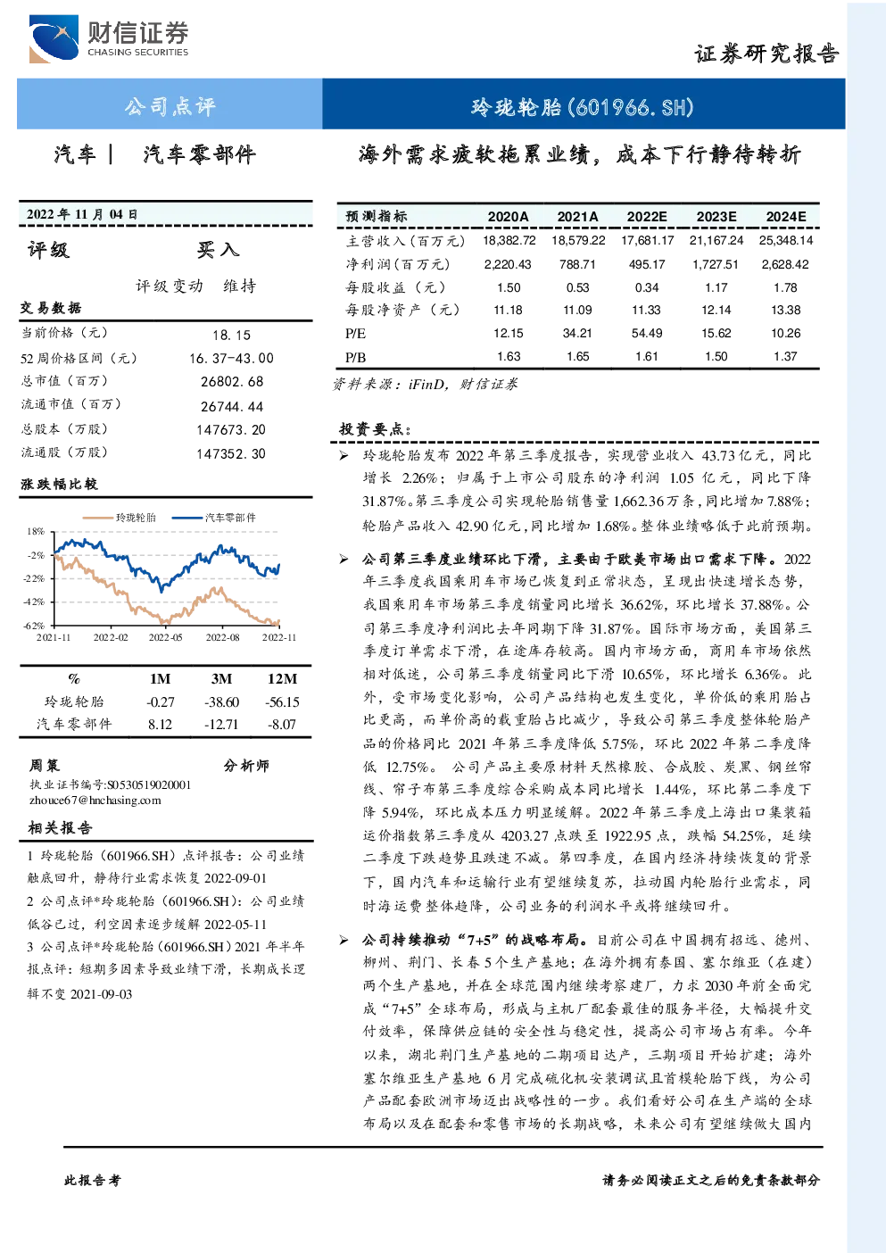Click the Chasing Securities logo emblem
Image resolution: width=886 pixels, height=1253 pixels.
tap(54, 38)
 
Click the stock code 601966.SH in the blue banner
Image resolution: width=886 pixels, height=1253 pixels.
tap(631, 107)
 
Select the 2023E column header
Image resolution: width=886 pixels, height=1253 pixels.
tap(716, 217)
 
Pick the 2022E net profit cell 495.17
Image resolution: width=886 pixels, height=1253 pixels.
tap(647, 264)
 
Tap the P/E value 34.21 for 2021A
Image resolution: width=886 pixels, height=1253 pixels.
tap(577, 333)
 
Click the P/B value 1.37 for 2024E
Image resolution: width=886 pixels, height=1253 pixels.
tap(785, 356)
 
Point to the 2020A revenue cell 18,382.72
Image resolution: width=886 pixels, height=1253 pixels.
tap(509, 241)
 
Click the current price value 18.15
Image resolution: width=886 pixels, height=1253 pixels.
tap(231, 335)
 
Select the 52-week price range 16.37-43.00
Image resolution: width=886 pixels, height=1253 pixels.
tap(231, 359)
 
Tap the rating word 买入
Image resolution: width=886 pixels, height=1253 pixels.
tap(218, 250)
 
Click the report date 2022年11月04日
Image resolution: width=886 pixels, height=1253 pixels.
tap(82, 214)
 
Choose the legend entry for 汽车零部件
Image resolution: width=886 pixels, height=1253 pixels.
tap(213, 518)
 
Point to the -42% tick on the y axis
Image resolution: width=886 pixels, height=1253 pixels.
tap(35, 602)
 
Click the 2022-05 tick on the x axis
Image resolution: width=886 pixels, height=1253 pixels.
tap(166, 638)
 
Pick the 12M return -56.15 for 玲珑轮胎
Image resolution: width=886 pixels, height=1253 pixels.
tap(282, 702)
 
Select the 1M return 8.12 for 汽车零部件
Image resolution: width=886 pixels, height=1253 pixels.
tap(160, 725)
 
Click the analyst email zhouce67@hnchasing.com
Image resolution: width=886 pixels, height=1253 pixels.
tap(95, 801)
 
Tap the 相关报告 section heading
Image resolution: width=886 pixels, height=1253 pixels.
tap(60, 828)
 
